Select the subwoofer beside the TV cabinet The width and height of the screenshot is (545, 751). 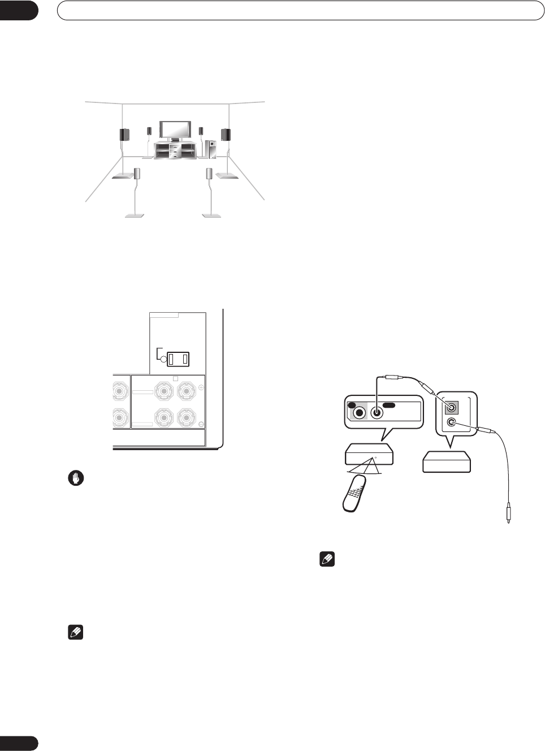click(210, 149)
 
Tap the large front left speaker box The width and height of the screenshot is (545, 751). click(124, 135)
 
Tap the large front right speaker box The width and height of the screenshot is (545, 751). click(226, 135)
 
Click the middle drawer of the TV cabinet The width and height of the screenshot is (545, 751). click(175, 152)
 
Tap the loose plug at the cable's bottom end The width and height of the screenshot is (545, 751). click(508, 515)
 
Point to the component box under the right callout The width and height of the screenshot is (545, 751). click(447, 461)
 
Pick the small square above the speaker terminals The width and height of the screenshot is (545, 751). click(175, 378)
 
